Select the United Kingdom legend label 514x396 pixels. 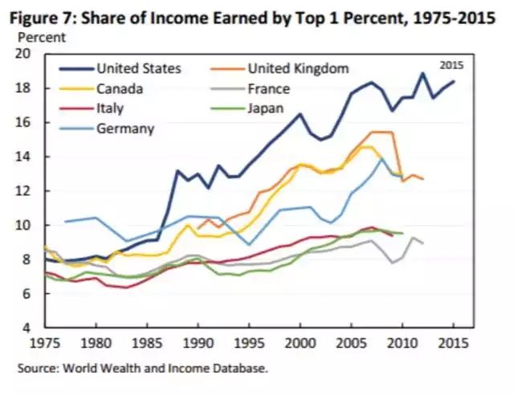[x=299, y=68]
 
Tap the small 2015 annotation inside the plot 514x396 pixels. [x=452, y=64]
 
